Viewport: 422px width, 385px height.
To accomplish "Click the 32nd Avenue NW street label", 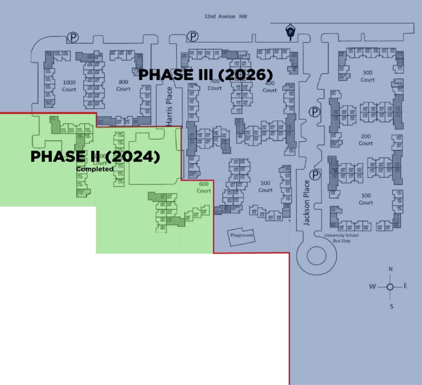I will point(226,17).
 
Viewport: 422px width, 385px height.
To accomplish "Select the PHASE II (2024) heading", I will point(95,156).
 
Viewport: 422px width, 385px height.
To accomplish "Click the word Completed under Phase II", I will point(95,169).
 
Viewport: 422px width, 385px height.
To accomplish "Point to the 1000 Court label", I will point(69,86).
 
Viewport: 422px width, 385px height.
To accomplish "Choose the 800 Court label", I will point(123,86).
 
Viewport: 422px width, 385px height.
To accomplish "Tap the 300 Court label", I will point(368,76).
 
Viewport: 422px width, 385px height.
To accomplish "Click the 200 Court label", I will point(366,140).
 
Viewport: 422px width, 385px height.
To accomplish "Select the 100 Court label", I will point(366,199).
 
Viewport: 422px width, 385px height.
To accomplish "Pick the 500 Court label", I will point(265,187).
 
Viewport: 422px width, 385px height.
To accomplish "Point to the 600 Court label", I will point(204,187).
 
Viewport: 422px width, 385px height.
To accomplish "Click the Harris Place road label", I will point(169,106).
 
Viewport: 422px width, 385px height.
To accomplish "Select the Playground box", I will point(241,235).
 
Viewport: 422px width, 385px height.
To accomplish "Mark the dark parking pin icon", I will point(291,33).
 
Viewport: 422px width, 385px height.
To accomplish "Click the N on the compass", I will point(390,269).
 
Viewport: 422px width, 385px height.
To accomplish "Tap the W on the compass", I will point(372,287).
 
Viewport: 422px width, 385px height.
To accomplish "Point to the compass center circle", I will point(390,287).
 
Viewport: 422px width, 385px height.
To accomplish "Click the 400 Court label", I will point(270,86).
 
